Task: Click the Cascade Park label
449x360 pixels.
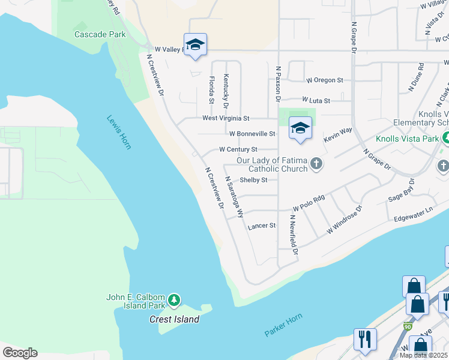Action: coord(100,34)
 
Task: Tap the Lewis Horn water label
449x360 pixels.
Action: coord(119,132)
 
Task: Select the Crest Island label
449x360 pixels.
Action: coord(174,320)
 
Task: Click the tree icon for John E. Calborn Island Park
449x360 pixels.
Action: coord(174,299)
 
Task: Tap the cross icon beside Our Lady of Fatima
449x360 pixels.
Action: coord(316,164)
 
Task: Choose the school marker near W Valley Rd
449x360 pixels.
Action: coord(195,46)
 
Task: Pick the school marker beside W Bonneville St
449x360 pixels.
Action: coord(300,128)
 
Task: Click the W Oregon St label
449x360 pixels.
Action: coord(324,80)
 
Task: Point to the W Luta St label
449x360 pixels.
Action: coord(316,100)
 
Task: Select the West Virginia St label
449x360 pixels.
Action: coord(225,119)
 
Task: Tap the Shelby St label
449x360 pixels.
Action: coord(253,180)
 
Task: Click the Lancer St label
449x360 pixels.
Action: coord(262,226)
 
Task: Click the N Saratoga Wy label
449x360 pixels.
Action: coord(234,196)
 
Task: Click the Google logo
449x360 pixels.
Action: coord(19,353)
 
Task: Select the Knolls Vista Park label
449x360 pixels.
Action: coord(408,139)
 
